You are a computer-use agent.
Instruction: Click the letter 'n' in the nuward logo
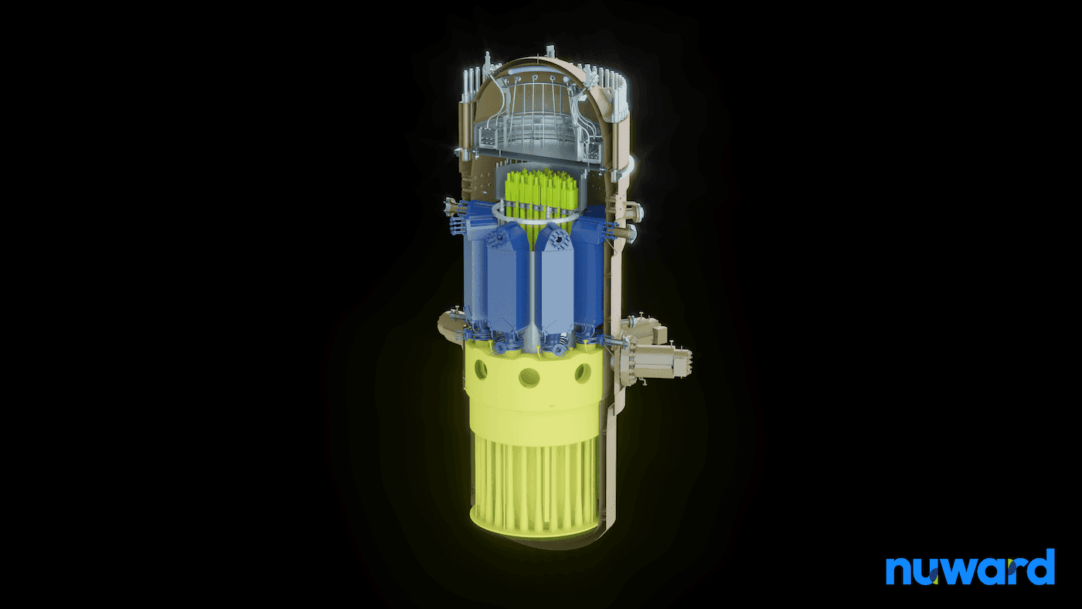[899, 571]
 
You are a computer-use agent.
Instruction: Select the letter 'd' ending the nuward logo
[1042, 566]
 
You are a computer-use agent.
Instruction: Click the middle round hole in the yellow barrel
[529, 378]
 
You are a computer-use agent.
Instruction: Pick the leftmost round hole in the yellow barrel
[481, 369]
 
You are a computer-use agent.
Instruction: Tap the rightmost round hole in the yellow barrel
[583, 373]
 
